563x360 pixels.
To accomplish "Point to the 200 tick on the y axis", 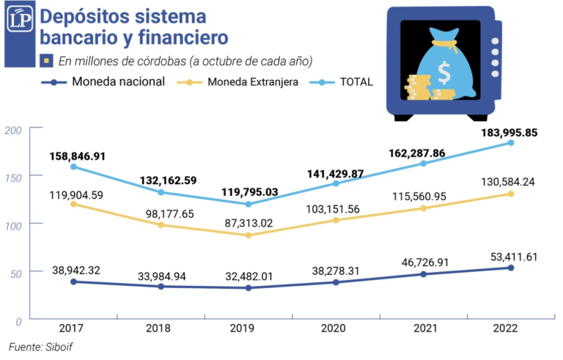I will [x=15, y=129].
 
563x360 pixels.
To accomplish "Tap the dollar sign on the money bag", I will [x=444, y=73].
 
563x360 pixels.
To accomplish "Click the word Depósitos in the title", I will [x=84, y=17].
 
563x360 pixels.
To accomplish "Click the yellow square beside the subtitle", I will [x=46, y=60].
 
